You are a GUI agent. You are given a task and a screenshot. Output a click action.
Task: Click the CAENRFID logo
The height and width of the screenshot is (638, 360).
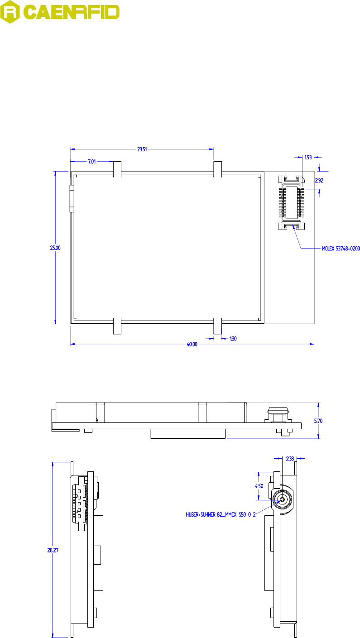click(59, 12)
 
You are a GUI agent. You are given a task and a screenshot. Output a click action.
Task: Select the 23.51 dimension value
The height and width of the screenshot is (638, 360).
click(142, 149)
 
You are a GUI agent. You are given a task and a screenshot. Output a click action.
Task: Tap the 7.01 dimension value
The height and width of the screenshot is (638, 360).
click(92, 162)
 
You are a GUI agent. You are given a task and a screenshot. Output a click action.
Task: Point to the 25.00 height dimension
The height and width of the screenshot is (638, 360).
click(55, 248)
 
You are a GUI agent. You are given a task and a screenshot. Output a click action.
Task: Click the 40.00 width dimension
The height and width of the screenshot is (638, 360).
click(192, 344)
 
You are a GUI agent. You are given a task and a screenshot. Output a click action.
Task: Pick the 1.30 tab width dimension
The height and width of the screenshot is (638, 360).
click(233, 338)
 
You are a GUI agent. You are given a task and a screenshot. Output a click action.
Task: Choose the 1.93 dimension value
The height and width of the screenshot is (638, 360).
click(308, 157)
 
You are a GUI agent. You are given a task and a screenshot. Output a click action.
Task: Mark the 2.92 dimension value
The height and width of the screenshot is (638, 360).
click(319, 180)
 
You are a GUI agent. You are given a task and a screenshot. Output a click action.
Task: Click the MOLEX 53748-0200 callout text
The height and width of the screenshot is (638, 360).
click(341, 249)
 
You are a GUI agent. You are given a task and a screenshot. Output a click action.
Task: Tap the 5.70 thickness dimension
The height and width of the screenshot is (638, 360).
click(318, 421)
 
